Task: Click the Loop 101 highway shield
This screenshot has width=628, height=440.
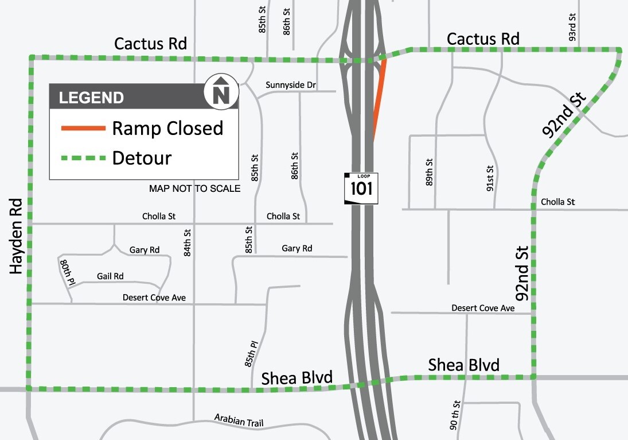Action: pyautogui.click(x=361, y=187)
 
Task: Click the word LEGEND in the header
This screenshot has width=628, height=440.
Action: pyautogui.click(x=92, y=98)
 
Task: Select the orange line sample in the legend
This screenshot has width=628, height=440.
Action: pyautogui.click(x=83, y=128)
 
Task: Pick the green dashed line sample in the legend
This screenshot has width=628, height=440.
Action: pyautogui.click(x=83, y=157)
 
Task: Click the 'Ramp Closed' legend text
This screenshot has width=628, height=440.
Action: pyautogui.click(x=167, y=128)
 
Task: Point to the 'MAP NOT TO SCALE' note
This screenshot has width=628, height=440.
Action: pyautogui.click(x=195, y=188)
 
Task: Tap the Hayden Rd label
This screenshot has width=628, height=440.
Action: pyautogui.click(x=16, y=236)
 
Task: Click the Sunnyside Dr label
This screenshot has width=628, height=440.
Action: pyautogui.click(x=291, y=85)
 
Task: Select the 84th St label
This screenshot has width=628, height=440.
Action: pyautogui.click(x=187, y=242)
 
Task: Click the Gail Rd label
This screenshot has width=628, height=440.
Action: pyautogui.click(x=110, y=276)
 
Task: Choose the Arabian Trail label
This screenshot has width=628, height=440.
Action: pyautogui.click(x=239, y=420)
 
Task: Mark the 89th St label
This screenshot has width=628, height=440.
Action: pyautogui.click(x=429, y=171)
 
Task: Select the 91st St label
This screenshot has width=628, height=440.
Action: pyautogui.click(x=490, y=179)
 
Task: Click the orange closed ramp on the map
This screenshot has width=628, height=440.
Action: pyautogui.click(x=379, y=95)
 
